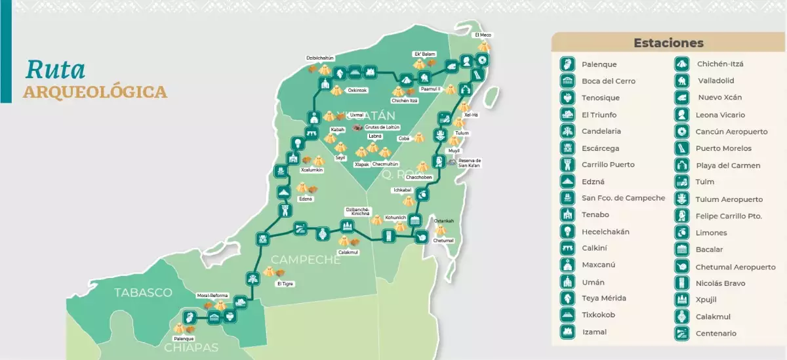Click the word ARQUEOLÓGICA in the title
(95, 92)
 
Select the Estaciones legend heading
(668, 43)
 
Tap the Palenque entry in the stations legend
(599, 64)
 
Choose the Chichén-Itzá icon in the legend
(683, 64)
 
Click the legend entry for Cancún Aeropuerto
(731, 131)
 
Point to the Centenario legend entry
(716, 333)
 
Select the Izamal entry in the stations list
(594, 332)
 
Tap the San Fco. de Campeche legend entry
(623, 198)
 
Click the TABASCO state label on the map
(143, 292)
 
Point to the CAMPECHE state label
(306, 260)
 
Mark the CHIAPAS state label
(192, 347)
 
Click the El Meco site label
(483, 35)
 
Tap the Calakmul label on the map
(348, 252)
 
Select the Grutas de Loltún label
(382, 127)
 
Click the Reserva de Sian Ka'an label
(469, 163)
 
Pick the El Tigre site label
(285, 284)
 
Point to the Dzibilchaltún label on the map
(320, 58)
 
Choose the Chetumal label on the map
(443, 241)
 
